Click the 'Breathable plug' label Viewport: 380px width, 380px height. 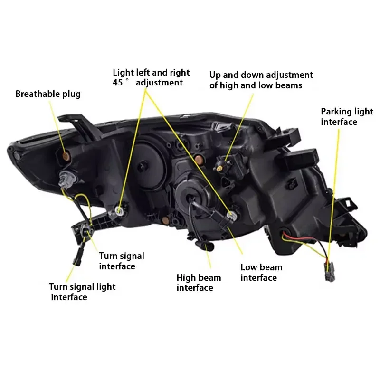[48, 94]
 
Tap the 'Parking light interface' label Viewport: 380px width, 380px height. [347, 117]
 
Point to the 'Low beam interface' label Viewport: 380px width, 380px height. [261, 273]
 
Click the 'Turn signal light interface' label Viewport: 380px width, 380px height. [82, 292]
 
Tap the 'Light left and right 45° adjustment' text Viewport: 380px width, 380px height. [151, 77]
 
